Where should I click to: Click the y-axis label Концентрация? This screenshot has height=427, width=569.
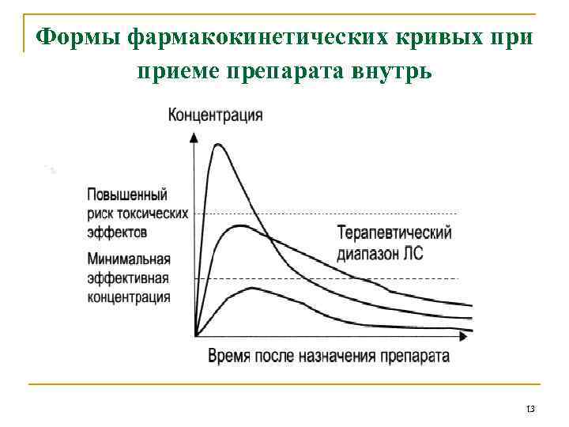coord(216,115)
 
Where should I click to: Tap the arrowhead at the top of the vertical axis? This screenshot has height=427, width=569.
coord(194,135)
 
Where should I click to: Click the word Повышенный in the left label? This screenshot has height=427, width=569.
coord(126,195)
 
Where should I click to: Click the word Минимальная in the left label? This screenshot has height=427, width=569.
coord(130,259)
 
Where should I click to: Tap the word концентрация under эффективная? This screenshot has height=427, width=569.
coord(129,297)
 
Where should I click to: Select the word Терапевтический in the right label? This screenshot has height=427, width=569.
coord(394,233)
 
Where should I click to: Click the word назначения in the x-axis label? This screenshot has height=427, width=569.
coord(337,356)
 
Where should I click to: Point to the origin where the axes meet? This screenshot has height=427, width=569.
coord(194,335)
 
